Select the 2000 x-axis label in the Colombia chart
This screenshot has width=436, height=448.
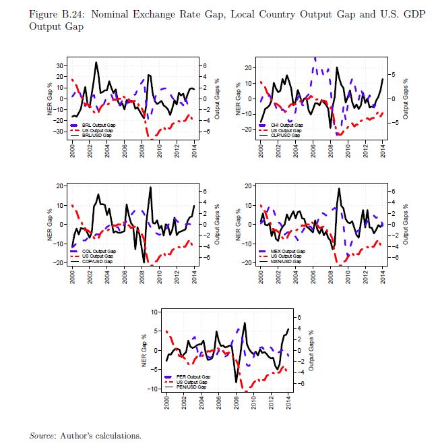coord(72,275)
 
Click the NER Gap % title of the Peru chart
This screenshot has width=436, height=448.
coord(145,351)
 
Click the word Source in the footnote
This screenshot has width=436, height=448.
coord(42,436)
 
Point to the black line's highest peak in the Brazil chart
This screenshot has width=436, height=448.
coord(96,62)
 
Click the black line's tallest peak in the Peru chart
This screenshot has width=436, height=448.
coord(245,323)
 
